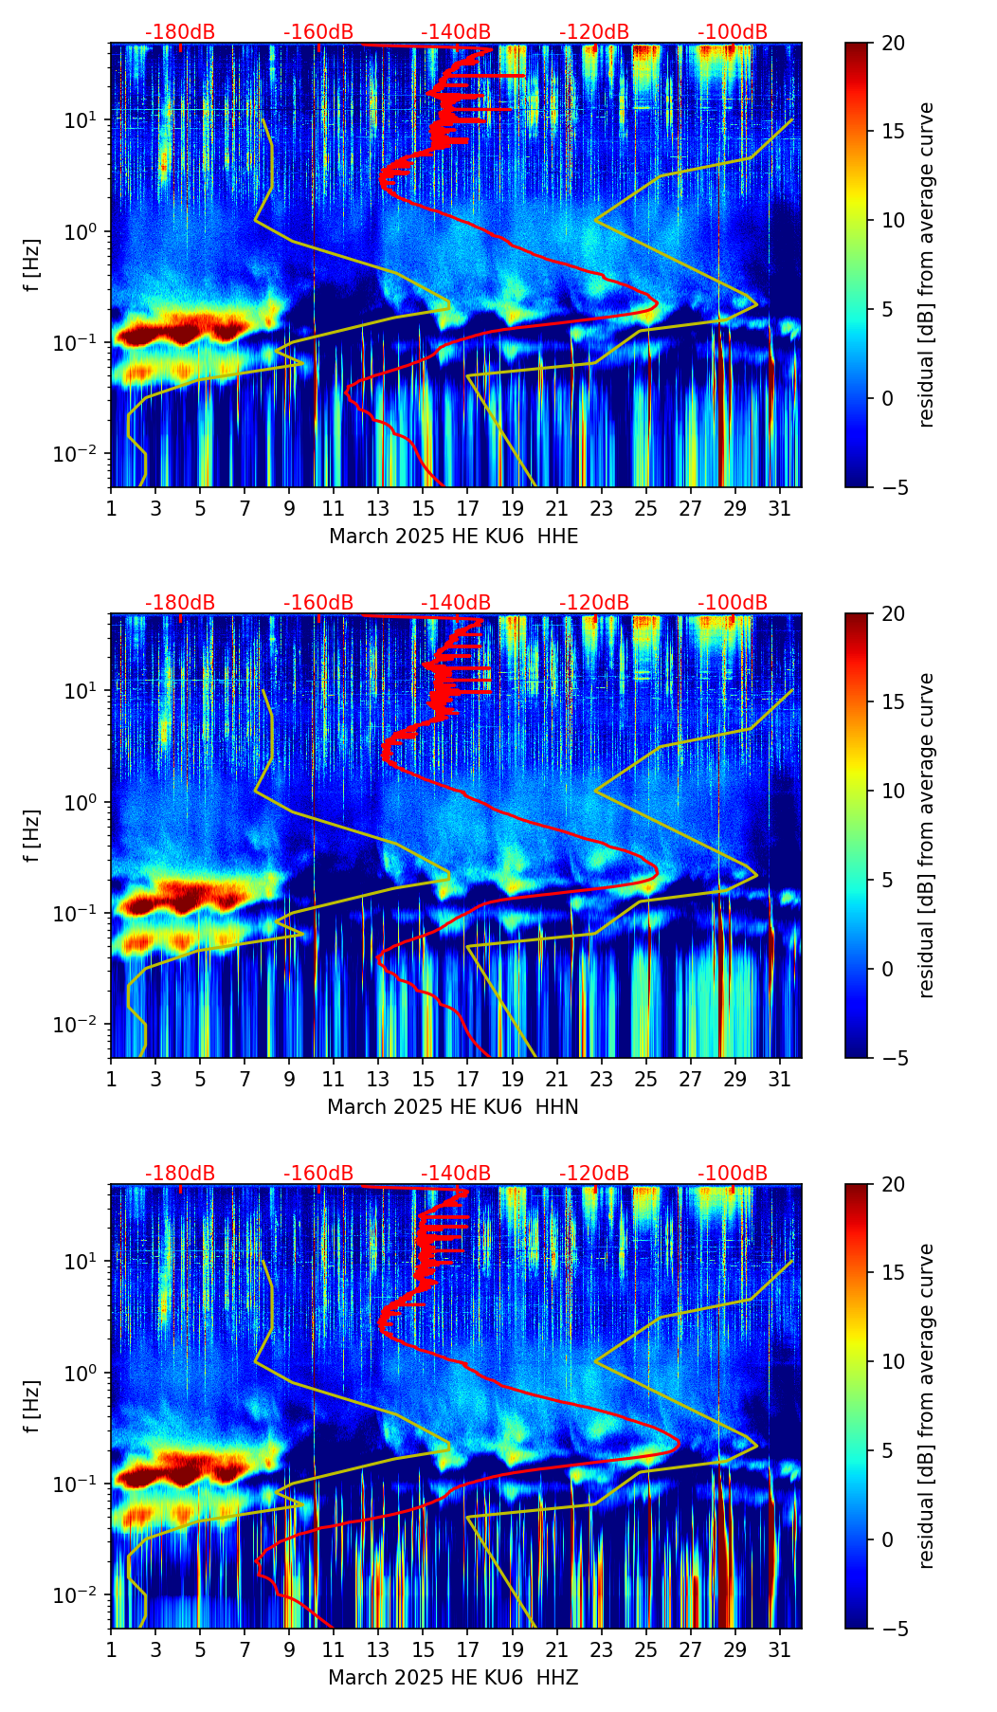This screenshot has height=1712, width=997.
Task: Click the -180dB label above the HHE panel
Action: [180, 32]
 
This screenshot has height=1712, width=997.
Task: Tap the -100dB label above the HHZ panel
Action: [733, 1174]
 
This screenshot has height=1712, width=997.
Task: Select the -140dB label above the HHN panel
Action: [456, 603]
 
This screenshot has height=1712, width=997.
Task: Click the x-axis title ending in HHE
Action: [453, 537]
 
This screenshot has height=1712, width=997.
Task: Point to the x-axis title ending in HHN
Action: [453, 1107]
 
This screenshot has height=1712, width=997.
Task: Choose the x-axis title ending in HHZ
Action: [453, 1678]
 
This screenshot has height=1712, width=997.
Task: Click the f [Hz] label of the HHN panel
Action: [32, 835]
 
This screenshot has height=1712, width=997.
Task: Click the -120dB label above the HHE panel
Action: [594, 32]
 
